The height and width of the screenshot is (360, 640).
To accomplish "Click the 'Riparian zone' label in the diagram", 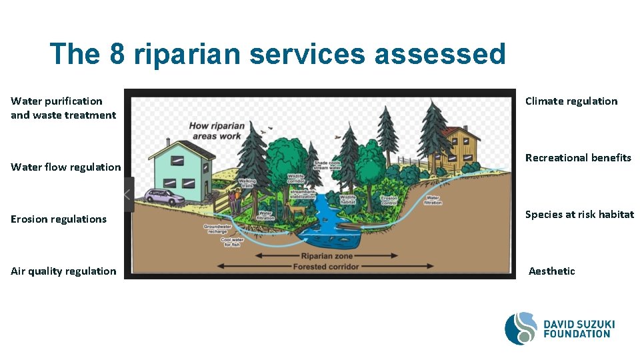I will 326,256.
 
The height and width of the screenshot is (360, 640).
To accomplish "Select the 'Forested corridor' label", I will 326,267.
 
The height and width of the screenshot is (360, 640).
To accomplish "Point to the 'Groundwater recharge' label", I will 217,229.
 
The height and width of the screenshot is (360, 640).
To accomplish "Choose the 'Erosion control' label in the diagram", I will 389,199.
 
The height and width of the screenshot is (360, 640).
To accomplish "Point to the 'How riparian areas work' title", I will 217,131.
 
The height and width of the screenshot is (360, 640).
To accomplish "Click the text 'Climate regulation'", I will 571,101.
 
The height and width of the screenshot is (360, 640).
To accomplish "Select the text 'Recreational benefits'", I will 578,158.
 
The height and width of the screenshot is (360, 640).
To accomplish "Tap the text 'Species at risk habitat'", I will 579,215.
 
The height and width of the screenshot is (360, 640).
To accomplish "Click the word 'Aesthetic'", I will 552,271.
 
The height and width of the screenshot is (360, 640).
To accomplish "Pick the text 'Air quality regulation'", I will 63,271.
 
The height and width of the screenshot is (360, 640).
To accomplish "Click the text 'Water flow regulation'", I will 66,167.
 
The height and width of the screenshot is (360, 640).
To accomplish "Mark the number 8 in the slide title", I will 117,54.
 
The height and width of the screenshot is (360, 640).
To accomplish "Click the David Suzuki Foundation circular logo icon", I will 521,329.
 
